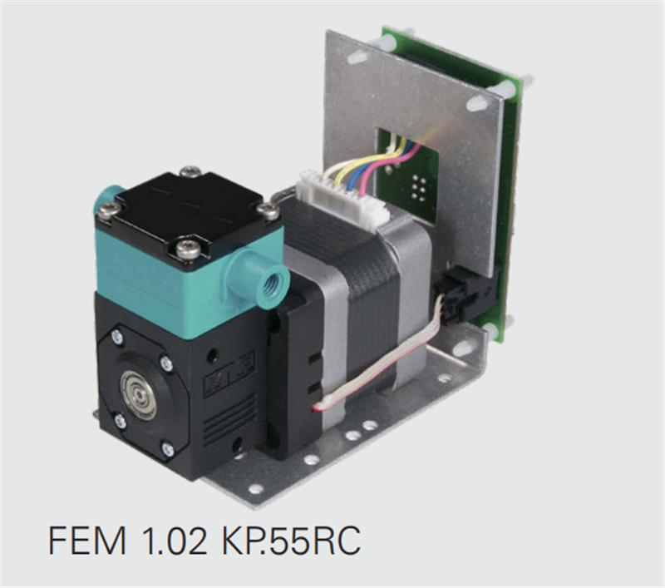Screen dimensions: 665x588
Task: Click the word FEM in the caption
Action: coord(88,540)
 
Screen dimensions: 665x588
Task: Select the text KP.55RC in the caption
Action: coord(291,540)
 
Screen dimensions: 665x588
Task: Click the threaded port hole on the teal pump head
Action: coord(269,280)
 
